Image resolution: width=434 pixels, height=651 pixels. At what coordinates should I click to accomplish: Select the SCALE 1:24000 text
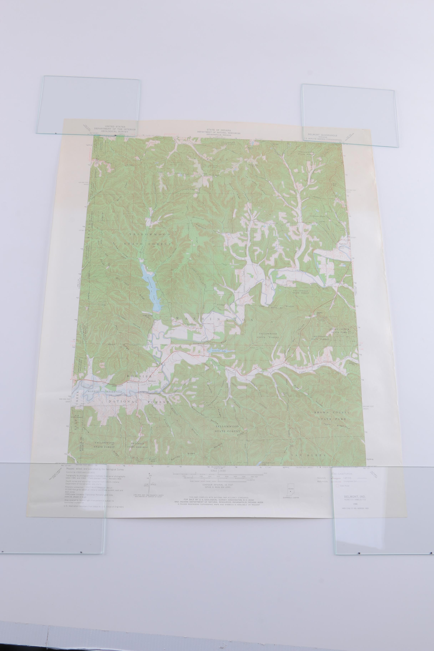click(x=218, y=471)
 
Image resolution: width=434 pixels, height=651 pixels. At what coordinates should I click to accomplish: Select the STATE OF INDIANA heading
click(x=219, y=130)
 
